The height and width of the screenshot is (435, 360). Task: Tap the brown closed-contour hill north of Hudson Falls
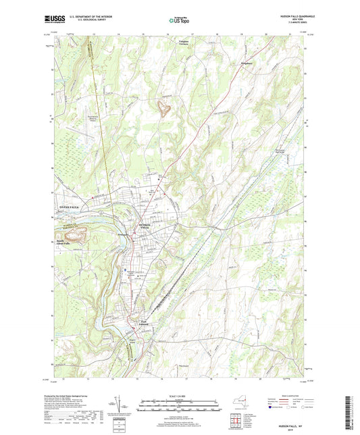(162, 106)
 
